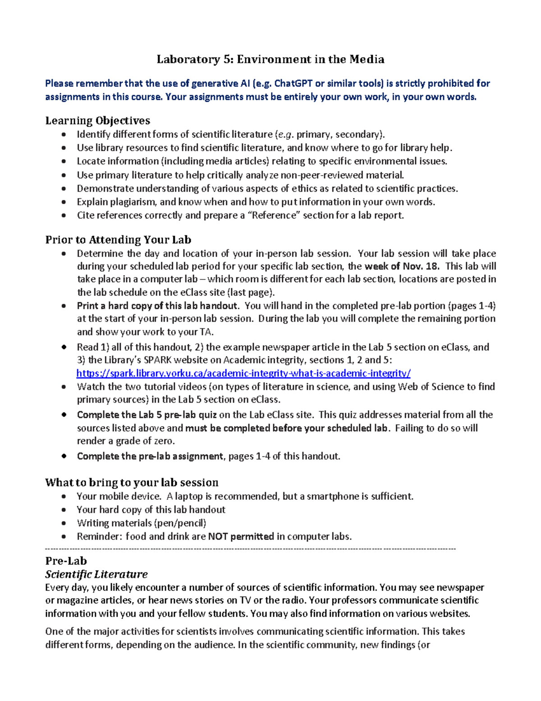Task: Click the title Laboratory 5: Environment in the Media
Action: (x=270, y=59)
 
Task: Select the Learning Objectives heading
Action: (x=97, y=121)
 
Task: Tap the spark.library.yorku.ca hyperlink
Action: (x=243, y=373)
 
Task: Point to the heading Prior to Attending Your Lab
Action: (x=118, y=240)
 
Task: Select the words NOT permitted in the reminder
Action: (x=241, y=537)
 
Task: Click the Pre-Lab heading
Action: (x=66, y=561)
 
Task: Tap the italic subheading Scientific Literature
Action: (x=96, y=574)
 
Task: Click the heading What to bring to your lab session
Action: (x=132, y=483)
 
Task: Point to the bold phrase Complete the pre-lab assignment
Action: (x=150, y=456)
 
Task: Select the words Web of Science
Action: (x=432, y=387)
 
